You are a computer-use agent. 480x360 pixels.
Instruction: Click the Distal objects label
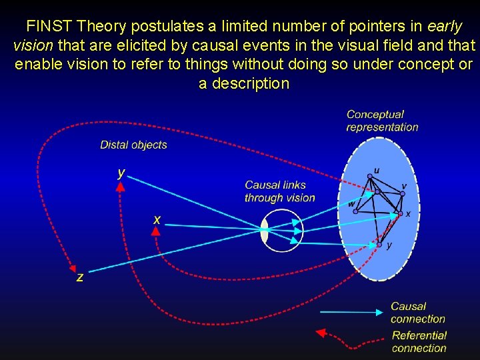click(x=133, y=145)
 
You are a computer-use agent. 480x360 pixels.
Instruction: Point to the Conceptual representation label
click(x=382, y=121)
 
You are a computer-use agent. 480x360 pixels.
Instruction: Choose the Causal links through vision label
click(x=279, y=191)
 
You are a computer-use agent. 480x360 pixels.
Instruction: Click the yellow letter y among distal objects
click(x=121, y=172)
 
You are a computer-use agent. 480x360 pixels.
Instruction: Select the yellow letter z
click(x=80, y=277)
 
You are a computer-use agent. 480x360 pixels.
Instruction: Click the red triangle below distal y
click(x=120, y=188)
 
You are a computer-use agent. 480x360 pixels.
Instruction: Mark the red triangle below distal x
click(x=155, y=231)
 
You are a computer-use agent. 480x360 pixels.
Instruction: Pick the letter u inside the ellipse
click(x=377, y=171)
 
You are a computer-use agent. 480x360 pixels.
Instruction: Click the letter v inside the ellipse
click(x=405, y=186)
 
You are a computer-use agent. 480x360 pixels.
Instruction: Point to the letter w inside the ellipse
click(x=351, y=203)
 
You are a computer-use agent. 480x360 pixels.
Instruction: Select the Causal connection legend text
click(x=417, y=313)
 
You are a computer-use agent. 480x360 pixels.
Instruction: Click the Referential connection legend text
click(x=419, y=341)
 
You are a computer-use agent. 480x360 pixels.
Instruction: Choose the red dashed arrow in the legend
click(x=350, y=337)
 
